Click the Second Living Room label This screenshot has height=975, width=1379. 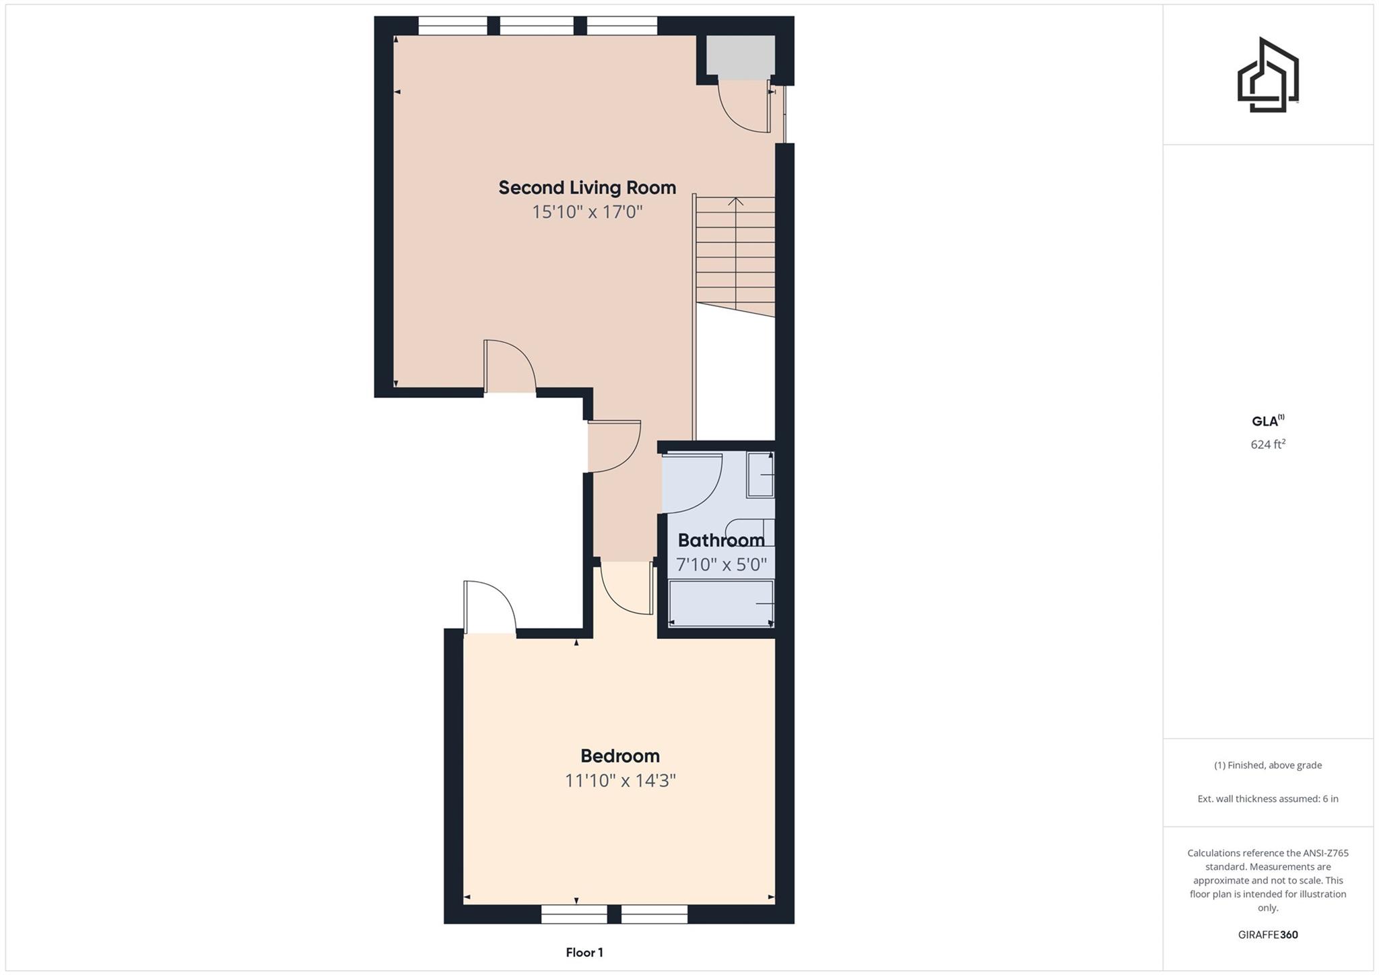[x=586, y=188]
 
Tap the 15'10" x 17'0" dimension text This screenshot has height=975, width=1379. [x=587, y=212]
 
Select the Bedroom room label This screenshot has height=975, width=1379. [x=619, y=756]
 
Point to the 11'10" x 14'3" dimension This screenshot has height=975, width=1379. [x=619, y=781]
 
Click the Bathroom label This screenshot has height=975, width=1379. [x=720, y=540]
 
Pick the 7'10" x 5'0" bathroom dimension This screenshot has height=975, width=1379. [x=721, y=564]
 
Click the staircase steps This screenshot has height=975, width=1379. [x=735, y=256]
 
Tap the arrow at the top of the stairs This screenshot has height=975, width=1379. [x=735, y=201]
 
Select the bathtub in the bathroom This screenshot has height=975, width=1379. [x=720, y=603]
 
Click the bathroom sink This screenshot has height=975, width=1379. [x=760, y=475]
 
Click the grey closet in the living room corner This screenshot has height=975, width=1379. [x=740, y=55]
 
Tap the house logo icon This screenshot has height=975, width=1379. [x=1267, y=75]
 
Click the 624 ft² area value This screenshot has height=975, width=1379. [x=1267, y=444]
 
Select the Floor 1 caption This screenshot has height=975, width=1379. [x=584, y=953]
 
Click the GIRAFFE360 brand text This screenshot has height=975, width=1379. [x=1267, y=935]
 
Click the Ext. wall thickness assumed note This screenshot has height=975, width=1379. [x=1267, y=799]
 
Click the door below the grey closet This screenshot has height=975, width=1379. [x=744, y=108]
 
